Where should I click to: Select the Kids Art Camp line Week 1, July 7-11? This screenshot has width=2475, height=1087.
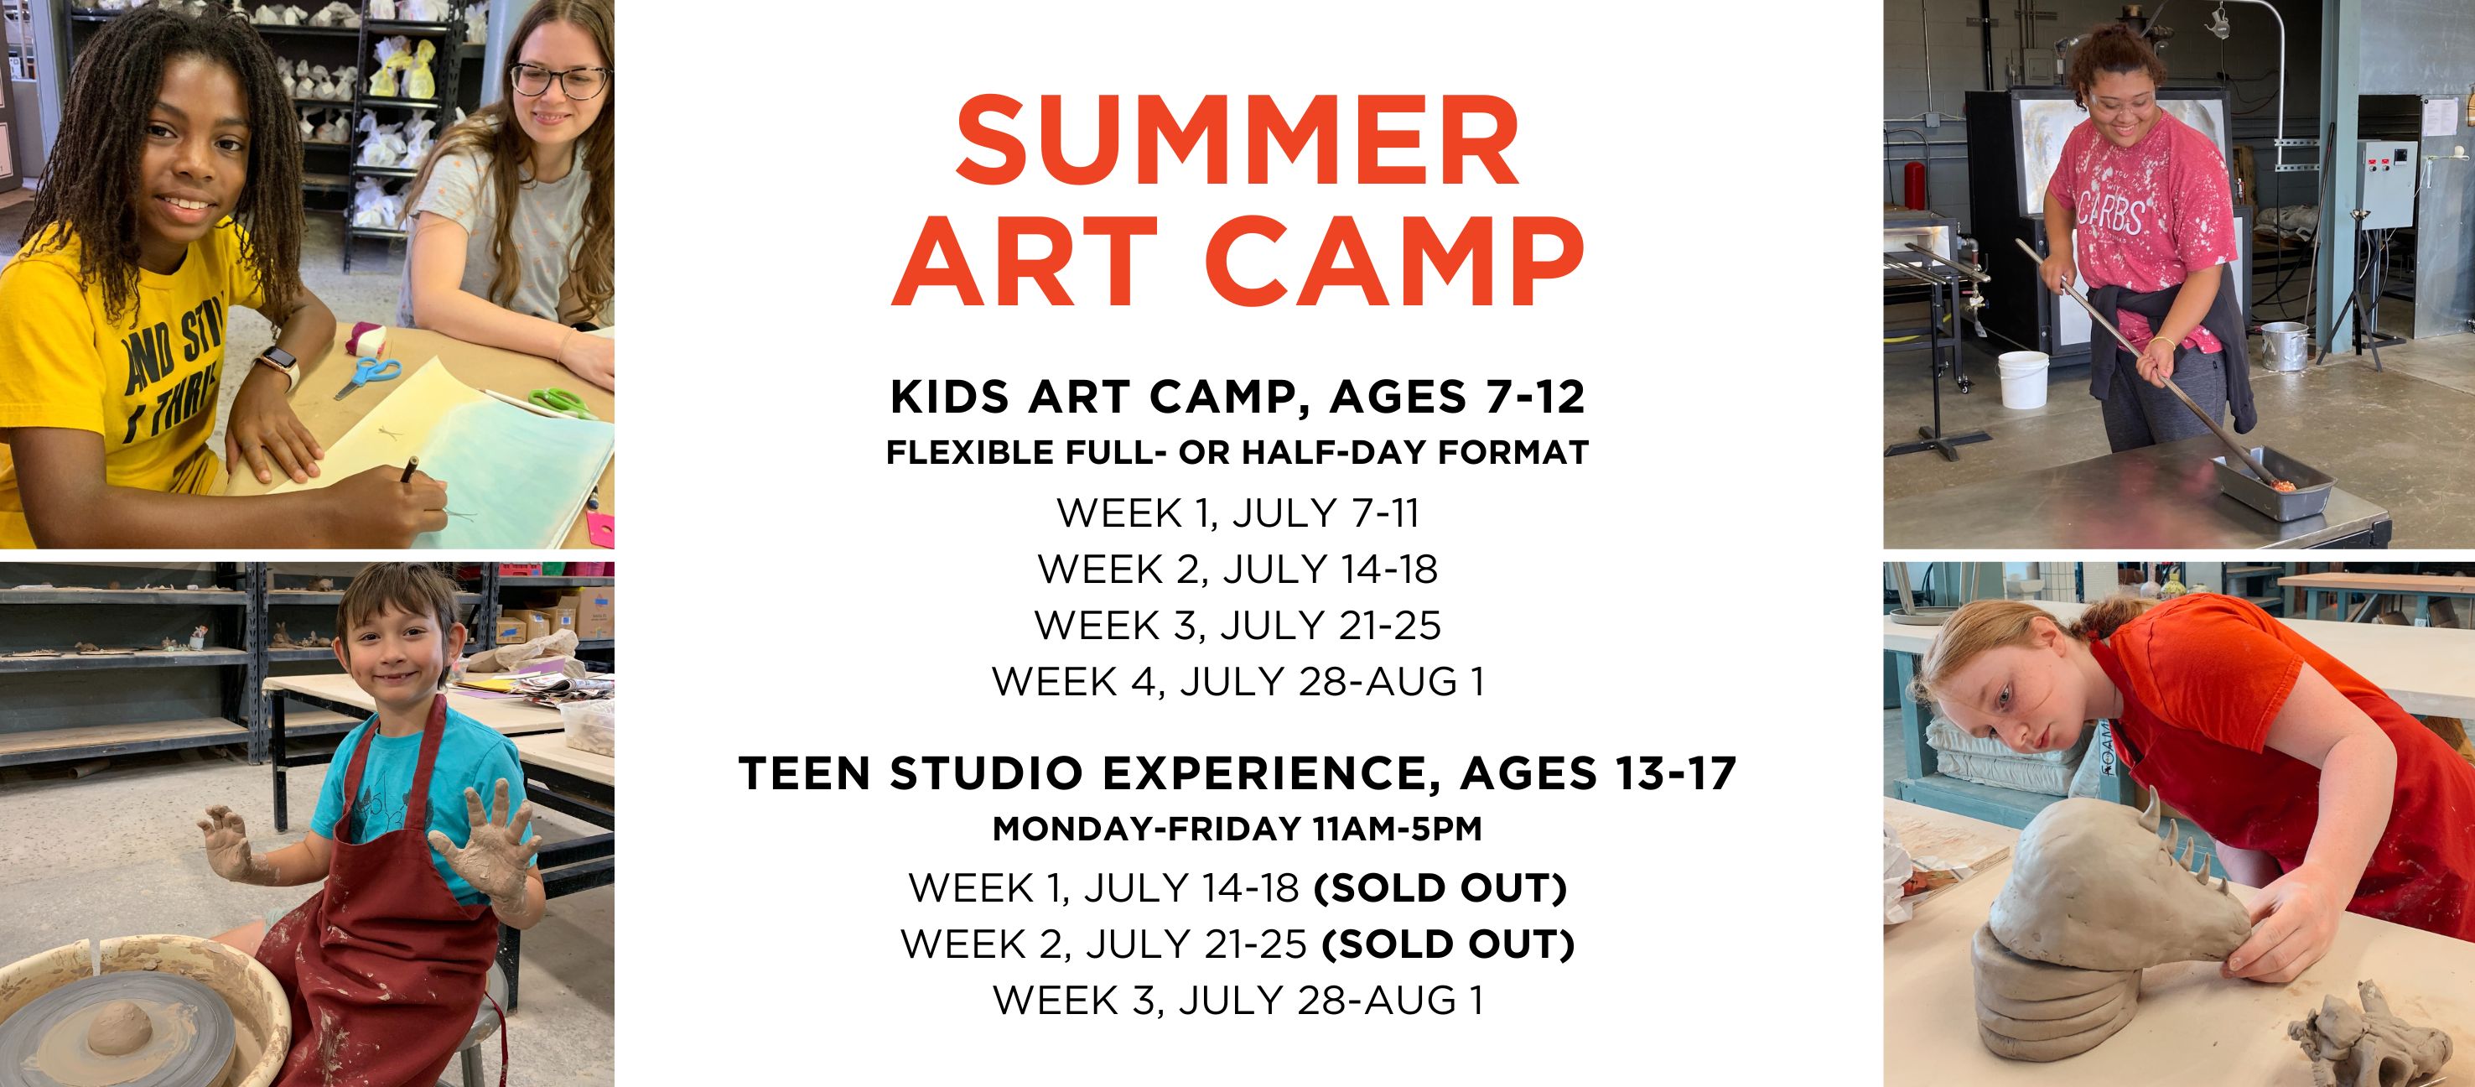[1237, 513]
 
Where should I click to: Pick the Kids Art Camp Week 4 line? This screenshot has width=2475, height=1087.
[1237, 681]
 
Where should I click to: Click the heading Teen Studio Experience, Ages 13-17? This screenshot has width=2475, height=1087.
[1237, 772]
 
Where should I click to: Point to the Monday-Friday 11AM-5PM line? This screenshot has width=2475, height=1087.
[1237, 829]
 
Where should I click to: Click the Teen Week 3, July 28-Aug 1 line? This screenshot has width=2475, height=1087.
[1237, 1001]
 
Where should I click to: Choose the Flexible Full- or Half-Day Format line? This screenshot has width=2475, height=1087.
[1237, 452]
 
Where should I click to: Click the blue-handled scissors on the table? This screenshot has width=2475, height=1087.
[366, 375]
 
